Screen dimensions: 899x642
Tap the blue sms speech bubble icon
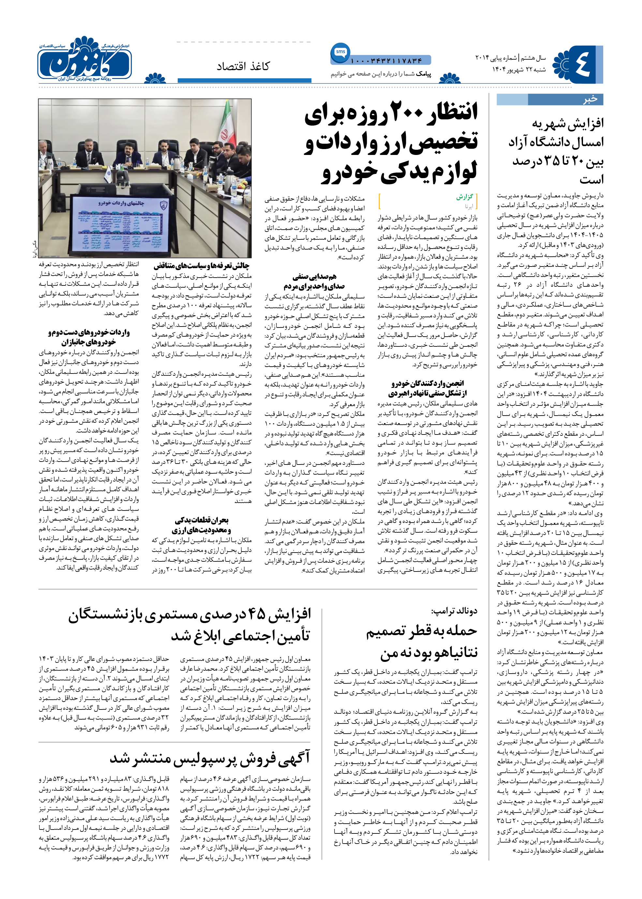click(x=340, y=52)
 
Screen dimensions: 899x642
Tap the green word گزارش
click(x=465, y=197)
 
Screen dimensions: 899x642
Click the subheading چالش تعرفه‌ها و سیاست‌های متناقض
click(x=201, y=266)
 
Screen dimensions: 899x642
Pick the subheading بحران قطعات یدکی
click(x=202, y=520)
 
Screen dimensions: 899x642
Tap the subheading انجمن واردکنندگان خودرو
click(x=427, y=383)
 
